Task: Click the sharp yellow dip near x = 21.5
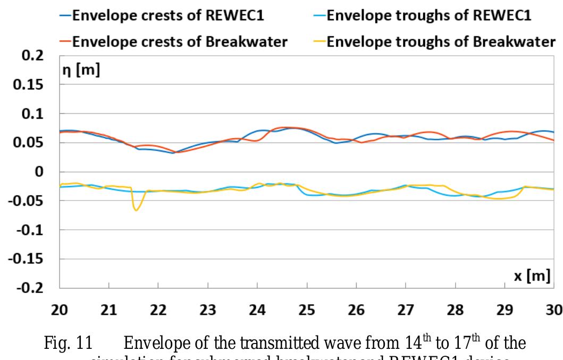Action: coord(136,210)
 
